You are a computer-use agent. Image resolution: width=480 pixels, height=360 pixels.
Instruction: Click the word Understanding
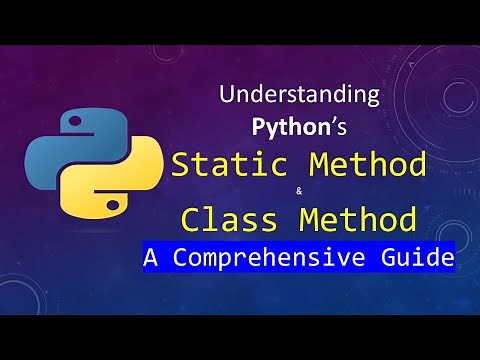(299, 98)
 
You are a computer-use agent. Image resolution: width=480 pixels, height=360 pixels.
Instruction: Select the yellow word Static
(226, 165)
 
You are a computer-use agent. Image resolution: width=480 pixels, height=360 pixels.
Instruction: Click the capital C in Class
(191, 217)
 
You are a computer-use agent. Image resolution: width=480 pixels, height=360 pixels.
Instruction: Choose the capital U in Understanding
(226, 98)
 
